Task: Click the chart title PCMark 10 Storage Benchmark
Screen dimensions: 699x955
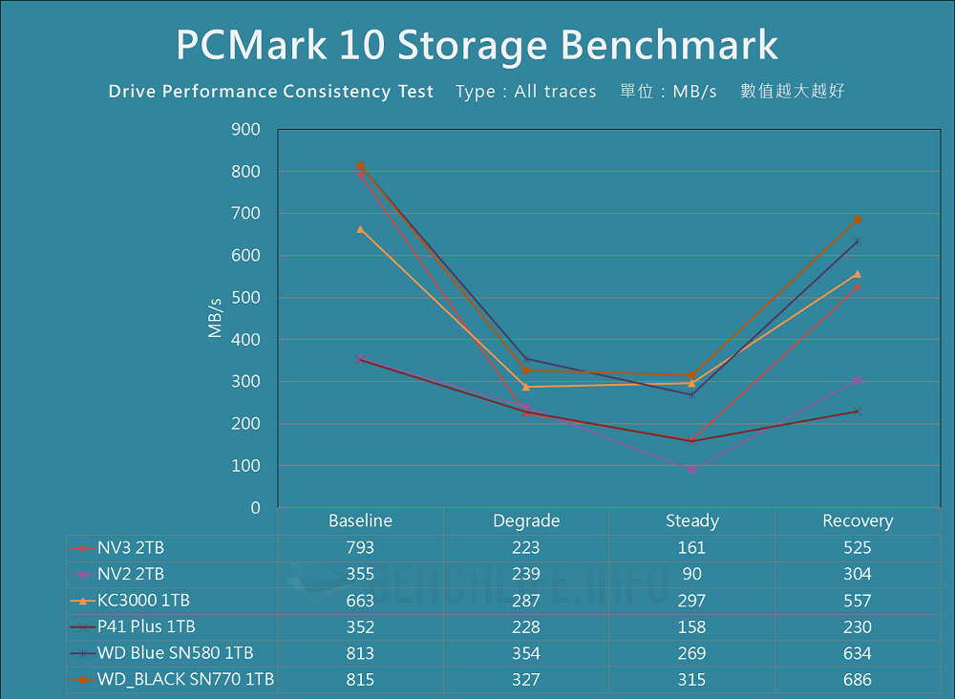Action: click(477, 45)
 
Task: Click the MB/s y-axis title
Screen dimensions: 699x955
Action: click(215, 318)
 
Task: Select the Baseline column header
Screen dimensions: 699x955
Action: click(360, 521)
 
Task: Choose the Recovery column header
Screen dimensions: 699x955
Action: click(858, 521)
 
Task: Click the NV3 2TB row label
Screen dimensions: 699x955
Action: click(131, 548)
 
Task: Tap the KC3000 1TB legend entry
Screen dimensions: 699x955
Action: click(143, 601)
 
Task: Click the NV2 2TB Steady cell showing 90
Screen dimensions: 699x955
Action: click(691, 574)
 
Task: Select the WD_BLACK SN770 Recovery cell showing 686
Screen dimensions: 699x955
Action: click(858, 680)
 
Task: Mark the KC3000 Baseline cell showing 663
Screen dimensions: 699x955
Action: click(360, 601)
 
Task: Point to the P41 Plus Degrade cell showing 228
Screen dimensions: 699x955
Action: click(525, 627)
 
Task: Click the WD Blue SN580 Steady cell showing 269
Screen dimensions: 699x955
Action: click(691, 653)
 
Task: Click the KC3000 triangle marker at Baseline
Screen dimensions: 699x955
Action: click(360, 229)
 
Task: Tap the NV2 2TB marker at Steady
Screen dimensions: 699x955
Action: click(691, 470)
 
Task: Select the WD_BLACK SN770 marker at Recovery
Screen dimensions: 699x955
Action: click(858, 220)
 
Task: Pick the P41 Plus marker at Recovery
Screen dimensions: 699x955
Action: click(858, 412)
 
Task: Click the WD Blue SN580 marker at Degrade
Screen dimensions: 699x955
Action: click(525, 359)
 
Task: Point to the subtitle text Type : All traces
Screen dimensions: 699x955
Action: click(525, 92)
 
